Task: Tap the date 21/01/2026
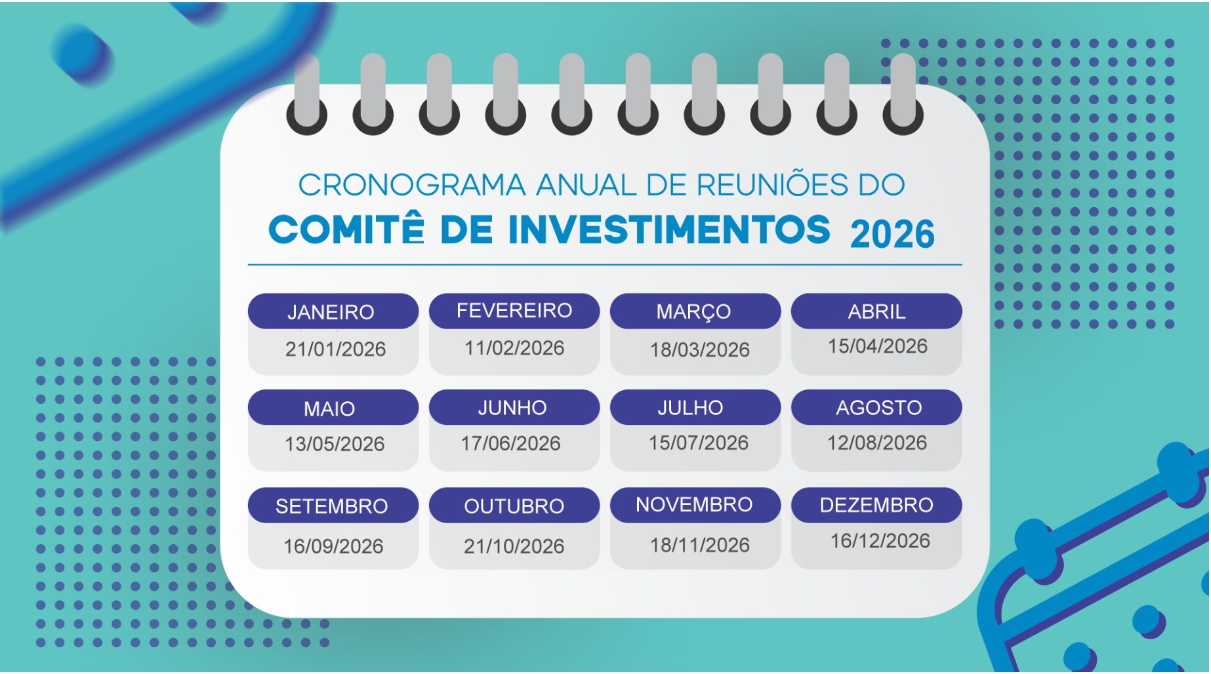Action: tap(335, 349)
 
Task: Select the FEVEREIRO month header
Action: tap(514, 311)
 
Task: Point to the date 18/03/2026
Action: tap(699, 350)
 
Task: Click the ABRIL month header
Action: tap(876, 311)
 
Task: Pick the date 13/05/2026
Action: tap(335, 445)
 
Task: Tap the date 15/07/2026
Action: tap(699, 443)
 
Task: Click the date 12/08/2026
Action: tap(877, 443)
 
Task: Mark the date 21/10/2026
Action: tap(514, 547)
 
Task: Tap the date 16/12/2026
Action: tap(880, 542)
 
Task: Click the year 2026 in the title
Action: tap(892, 234)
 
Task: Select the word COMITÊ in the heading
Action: tap(347, 230)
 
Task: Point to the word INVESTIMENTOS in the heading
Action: tap(669, 230)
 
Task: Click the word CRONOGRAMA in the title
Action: tap(412, 186)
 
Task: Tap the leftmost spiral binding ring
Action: tap(306, 95)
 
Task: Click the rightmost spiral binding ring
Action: tap(903, 95)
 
